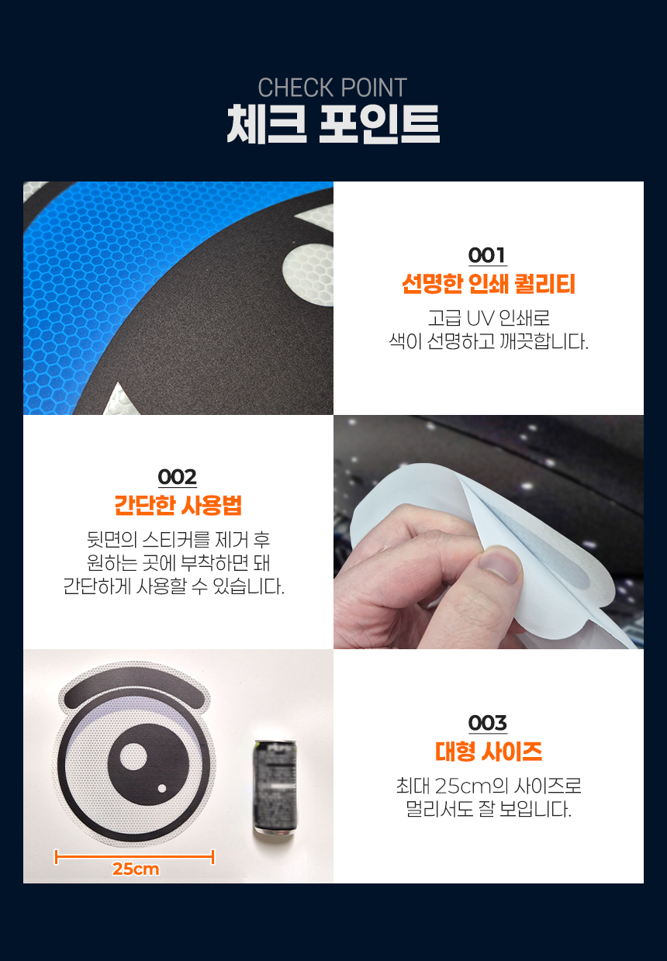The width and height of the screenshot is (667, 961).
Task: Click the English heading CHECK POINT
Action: [333, 88]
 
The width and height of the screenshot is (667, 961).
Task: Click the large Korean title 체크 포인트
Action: [333, 124]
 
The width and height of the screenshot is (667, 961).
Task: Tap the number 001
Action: [488, 256]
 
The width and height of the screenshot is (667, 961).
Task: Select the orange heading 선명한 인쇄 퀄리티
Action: [489, 284]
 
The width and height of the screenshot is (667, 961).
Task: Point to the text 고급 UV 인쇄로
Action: [489, 318]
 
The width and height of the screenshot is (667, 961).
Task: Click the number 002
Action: [177, 477]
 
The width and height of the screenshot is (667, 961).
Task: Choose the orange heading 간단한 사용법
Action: [178, 505]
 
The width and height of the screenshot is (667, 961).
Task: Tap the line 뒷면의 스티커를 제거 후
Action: [178, 539]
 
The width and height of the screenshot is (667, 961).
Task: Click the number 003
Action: [488, 724]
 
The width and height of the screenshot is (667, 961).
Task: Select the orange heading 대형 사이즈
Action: [489, 752]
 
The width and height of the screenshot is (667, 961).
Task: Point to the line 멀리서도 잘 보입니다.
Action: [489, 809]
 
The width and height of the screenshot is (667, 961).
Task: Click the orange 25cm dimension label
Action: [136, 869]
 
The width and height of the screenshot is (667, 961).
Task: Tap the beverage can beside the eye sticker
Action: [275, 788]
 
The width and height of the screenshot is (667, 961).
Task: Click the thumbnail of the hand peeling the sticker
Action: [489, 532]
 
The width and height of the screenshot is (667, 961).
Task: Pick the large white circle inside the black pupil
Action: [133, 756]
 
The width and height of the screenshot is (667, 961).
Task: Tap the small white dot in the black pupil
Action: [162, 788]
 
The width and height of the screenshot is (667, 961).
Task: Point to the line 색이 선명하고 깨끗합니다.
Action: [489, 342]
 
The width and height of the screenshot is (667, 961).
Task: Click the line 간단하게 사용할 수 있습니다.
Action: [174, 586]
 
